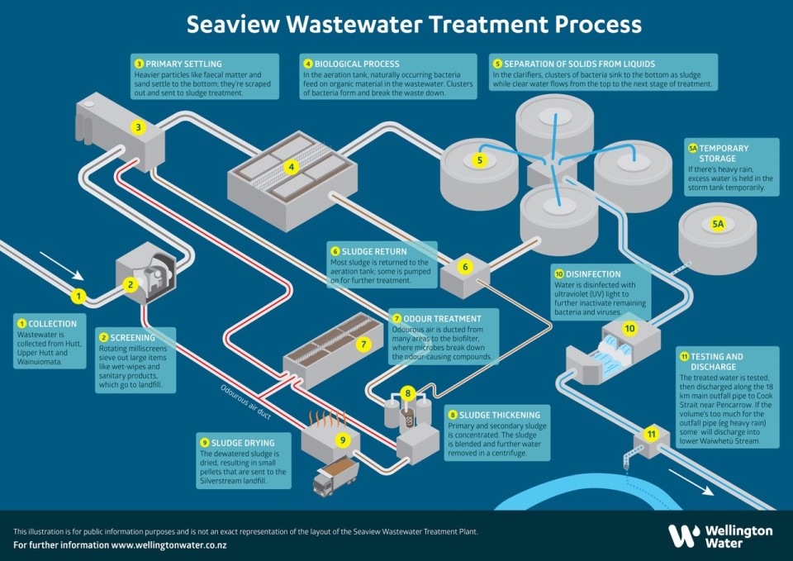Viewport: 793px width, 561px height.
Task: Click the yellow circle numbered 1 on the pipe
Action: [78, 296]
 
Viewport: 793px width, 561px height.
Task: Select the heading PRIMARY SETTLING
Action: [183, 64]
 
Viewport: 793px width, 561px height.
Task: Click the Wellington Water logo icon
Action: [683, 536]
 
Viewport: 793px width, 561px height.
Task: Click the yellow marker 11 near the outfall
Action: [651, 434]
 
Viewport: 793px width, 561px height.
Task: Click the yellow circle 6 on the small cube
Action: [465, 267]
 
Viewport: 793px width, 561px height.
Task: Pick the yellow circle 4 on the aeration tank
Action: [291, 167]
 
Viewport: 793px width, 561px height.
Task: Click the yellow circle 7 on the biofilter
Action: [363, 344]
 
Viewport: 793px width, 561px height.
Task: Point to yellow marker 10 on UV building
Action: [629, 329]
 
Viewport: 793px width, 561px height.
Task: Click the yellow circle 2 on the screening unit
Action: [129, 285]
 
